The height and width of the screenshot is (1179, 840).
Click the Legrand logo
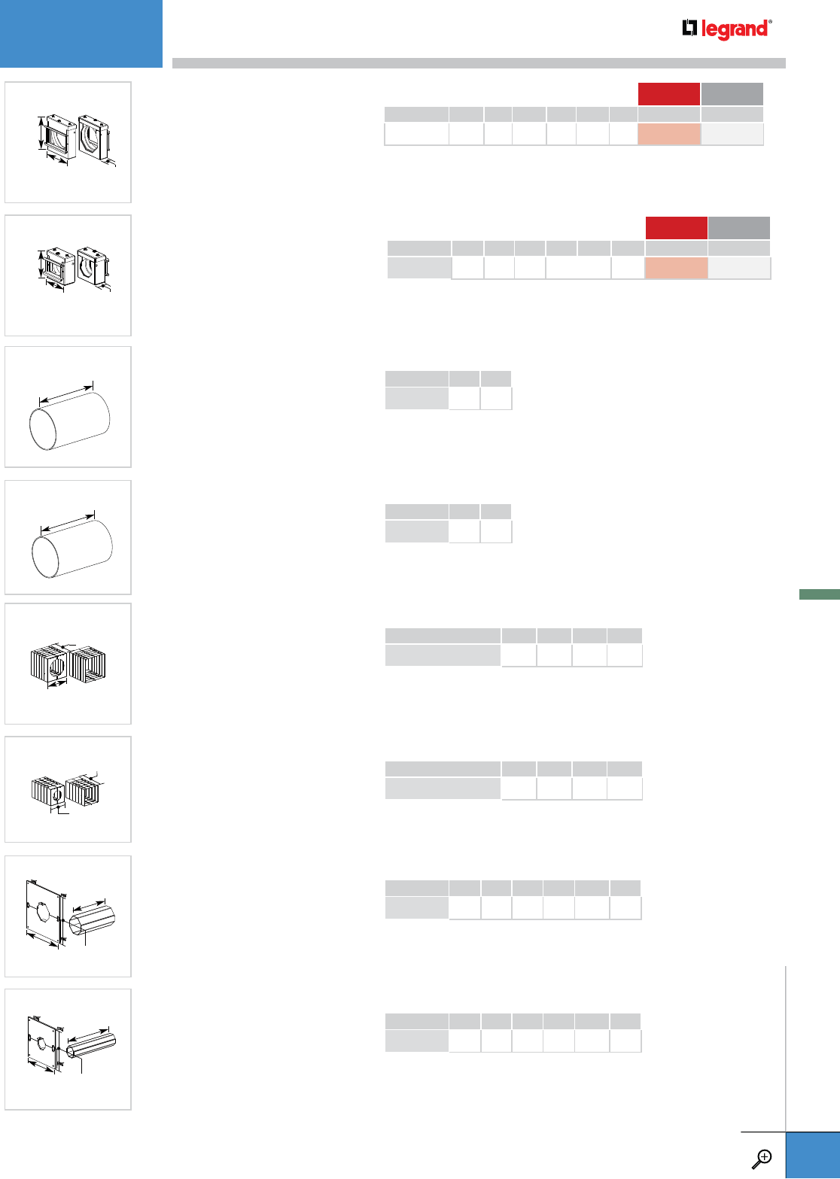pos(726,29)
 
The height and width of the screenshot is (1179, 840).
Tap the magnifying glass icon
pos(762,1159)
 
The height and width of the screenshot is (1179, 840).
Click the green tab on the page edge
pos(820,594)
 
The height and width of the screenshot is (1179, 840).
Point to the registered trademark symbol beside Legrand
pos(770,22)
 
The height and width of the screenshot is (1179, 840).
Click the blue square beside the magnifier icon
pos(813,1156)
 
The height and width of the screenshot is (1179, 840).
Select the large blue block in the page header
pos(81,34)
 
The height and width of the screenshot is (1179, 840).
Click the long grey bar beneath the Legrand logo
pos(479,63)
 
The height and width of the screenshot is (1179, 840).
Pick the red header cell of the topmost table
pos(669,94)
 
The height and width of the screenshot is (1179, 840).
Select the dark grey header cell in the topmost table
pos(732,94)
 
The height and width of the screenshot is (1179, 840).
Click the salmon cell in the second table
pos(676,268)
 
